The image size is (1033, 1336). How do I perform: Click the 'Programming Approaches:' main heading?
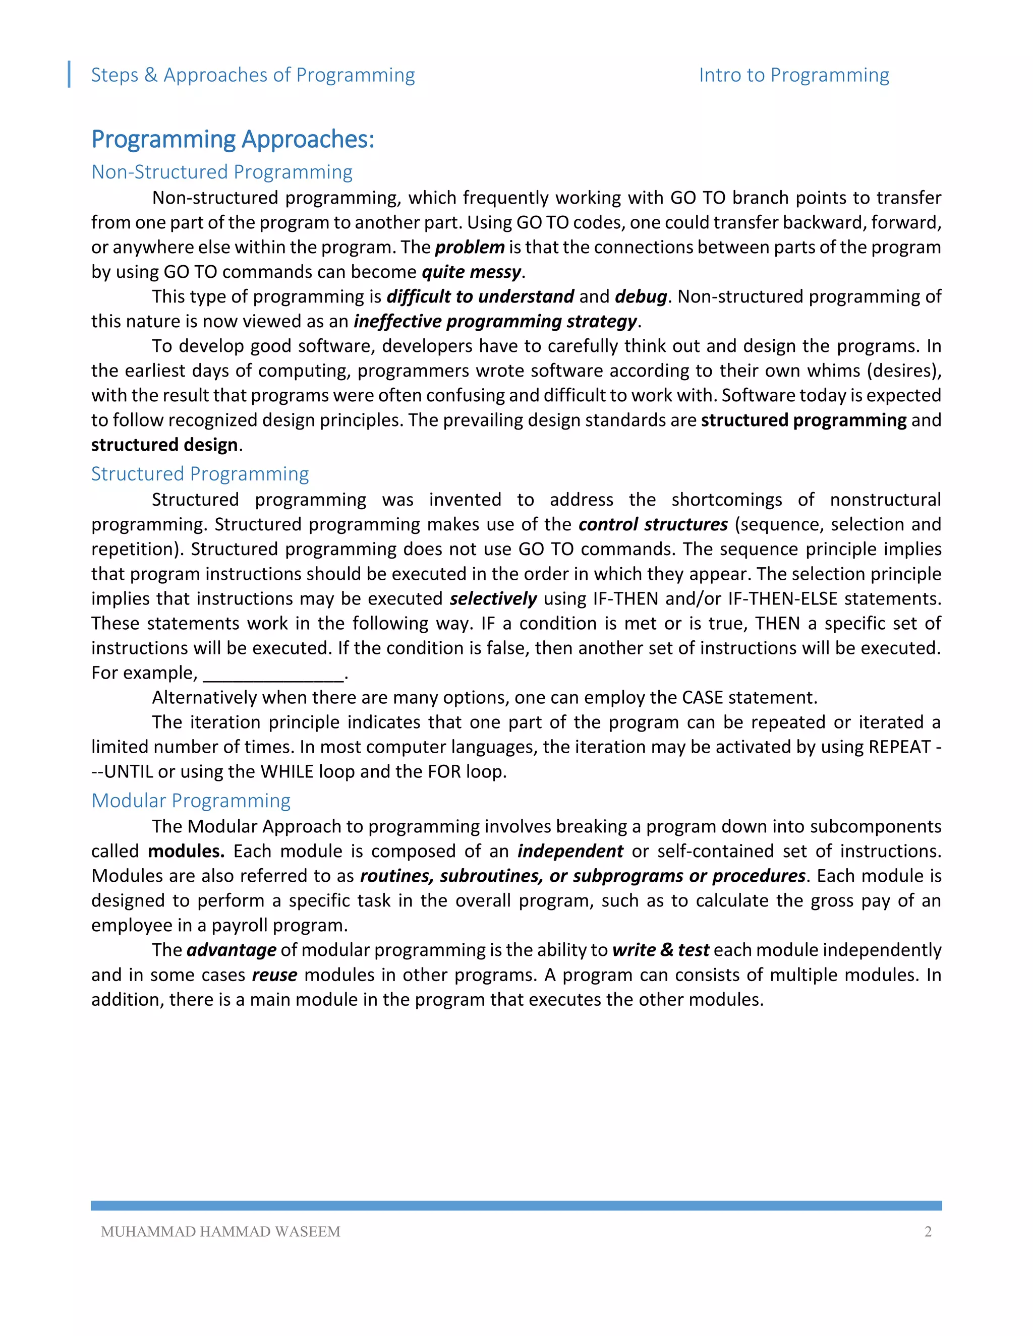pos(233,140)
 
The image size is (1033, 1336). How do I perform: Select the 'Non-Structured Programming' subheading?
pos(221,172)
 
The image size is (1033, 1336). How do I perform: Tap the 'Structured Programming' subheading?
pos(200,473)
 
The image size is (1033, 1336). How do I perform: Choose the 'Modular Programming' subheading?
pos(190,800)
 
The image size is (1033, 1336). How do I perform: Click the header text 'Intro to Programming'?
pos(794,75)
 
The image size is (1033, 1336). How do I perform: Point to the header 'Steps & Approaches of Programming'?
pos(253,75)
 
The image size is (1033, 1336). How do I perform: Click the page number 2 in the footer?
pos(928,1232)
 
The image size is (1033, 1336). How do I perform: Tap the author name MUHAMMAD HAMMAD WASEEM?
pos(220,1232)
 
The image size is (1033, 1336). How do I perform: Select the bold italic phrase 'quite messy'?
pos(471,272)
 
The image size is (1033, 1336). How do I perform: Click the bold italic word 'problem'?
pos(470,247)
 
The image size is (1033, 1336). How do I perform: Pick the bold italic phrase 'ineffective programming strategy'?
pos(495,321)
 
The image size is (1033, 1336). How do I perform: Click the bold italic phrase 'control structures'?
pos(653,524)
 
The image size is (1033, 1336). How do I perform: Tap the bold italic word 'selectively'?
pos(493,598)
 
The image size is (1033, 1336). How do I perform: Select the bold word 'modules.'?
pos(186,851)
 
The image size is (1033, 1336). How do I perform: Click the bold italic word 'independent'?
pos(570,851)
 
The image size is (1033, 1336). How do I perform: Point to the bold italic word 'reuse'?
pos(275,975)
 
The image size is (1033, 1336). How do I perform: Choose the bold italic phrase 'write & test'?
pos(660,950)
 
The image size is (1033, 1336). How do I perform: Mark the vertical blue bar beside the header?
pos(69,75)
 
